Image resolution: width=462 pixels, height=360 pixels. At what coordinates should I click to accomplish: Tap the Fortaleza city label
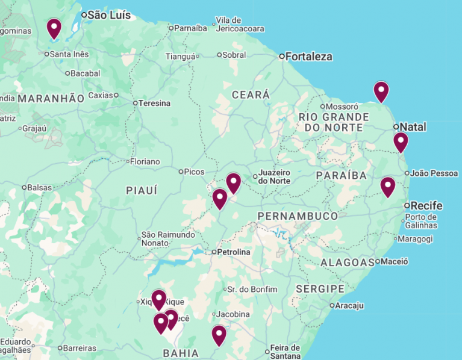coord(308,57)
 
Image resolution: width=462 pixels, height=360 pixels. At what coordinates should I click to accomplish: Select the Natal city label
coord(413,127)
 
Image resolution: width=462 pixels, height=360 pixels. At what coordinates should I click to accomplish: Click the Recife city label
coord(426,206)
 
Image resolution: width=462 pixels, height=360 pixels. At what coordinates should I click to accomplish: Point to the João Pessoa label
coord(434,173)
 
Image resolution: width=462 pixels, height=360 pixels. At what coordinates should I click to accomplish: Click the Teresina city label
coord(154,103)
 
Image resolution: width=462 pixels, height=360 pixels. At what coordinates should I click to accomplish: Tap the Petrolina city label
coord(234,252)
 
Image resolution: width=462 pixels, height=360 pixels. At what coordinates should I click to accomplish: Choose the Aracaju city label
coord(349,305)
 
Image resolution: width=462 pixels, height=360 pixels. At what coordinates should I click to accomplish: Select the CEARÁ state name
coord(251,95)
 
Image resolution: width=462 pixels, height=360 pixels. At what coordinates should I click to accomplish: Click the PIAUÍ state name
coord(142,190)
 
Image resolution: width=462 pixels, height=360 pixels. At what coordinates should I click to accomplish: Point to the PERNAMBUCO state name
coord(298,216)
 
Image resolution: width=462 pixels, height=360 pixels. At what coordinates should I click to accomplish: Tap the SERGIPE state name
coord(320,289)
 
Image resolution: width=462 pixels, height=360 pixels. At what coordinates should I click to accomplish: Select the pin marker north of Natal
coord(381,92)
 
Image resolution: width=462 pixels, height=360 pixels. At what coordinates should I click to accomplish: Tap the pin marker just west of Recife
coord(387,187)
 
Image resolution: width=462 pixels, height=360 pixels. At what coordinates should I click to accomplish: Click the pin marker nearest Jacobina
coord(219,335)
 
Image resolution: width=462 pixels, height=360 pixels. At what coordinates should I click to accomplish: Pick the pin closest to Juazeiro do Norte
coord(233,182)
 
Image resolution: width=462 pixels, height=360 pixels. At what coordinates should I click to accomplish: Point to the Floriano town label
coord(145,161)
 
